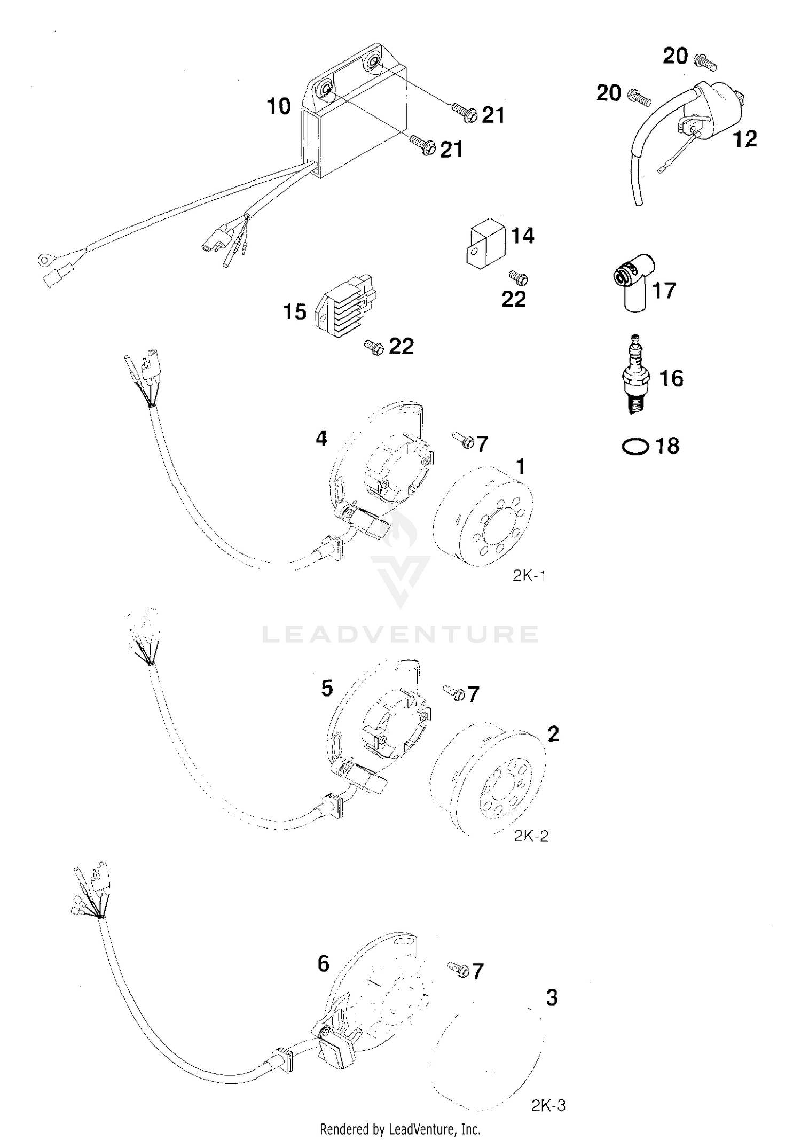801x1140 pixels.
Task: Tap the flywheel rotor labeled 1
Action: [x=483, y=516]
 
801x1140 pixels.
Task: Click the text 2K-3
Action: [x=548, y=1105]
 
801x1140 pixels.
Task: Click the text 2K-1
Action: [x=529, y=576]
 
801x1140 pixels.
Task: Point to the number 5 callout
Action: [x=327, y=688]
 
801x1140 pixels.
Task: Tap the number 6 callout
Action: [x=324, y=964]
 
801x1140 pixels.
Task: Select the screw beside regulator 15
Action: [x=374, y=348]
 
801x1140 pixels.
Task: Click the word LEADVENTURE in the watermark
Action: [x=400, y=634]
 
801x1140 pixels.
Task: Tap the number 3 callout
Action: [x=552, y=998]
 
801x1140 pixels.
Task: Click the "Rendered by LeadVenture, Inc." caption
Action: [x=400, y=1128]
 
